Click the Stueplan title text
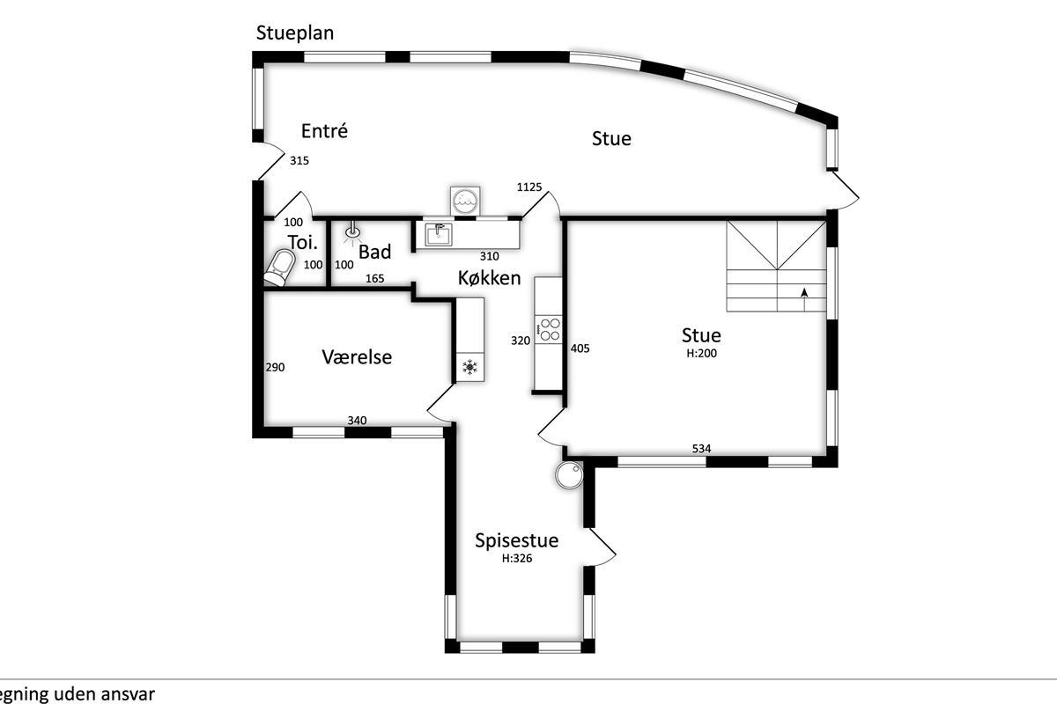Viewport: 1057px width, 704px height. [x=295, y=33]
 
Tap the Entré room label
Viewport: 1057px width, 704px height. [x=325, y=130]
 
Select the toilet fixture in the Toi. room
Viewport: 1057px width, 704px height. [x=280, y=268]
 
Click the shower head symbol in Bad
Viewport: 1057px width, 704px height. [x=352, y=233]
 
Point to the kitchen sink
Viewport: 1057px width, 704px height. [x=439, y=234]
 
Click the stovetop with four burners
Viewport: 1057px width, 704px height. [x=548, y=329]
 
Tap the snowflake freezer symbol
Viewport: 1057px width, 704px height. [x=470, y=367]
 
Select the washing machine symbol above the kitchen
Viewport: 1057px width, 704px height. [x=465, y=202]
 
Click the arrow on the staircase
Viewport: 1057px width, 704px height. [x=804, y=299]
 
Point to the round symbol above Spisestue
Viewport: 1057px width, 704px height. [x=570, y=474]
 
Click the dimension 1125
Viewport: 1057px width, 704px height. [x=529, y=187]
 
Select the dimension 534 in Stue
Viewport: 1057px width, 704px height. [x=702, y=449]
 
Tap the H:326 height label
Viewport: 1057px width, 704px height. [x=517, y=558]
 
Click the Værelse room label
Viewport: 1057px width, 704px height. [x=357, y=357]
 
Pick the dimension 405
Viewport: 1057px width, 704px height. [x=580, y=348]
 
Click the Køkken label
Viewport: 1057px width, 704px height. [x=490, y=278]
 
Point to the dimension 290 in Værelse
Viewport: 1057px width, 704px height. [x=275, y=367]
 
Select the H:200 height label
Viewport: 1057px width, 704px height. [x=702, y=353]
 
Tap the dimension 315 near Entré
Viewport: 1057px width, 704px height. [x=299, y=161]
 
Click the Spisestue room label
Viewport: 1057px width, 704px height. [x=517, y=541]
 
